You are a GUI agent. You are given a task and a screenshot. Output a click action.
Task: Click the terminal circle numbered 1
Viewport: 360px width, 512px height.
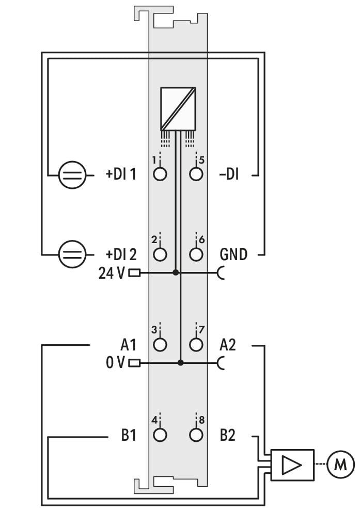[160, 174]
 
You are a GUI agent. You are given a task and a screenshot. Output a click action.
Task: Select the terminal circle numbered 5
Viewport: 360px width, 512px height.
[196, 174]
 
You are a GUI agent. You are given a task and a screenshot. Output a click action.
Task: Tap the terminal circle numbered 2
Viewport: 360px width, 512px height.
[160, 254]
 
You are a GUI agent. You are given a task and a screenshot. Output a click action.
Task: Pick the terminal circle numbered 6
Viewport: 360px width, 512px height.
[196, 254]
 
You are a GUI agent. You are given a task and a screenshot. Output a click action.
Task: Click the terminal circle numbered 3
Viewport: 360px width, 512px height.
[160, 344]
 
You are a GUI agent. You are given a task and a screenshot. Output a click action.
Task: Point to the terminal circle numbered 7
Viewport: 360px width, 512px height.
[196, 344]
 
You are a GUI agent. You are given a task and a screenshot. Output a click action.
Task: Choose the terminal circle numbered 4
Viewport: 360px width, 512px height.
[160, 435]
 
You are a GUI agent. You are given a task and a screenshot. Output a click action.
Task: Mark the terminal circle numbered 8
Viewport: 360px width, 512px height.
[196, 435]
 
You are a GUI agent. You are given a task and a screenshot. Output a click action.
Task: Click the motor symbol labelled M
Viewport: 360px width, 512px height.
[340, 464]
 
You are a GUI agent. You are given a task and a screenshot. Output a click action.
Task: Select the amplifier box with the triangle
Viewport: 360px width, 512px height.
[292, 465]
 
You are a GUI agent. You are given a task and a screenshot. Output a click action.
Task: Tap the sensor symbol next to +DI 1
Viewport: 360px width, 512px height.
[72, 175]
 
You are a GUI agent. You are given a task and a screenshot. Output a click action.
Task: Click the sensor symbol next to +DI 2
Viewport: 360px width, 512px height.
[72, 254]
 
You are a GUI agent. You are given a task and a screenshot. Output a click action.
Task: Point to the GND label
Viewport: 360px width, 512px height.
[233, 254]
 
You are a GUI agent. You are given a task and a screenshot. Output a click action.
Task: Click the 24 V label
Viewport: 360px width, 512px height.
[112, 273]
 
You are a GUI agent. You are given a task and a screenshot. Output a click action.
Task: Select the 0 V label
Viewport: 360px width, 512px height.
[115, 362]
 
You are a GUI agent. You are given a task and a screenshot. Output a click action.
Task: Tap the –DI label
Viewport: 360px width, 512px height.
[229, 174]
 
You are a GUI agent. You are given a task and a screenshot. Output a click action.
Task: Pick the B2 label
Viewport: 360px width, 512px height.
[227, 435]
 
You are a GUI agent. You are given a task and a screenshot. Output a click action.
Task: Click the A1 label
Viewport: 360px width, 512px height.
[129, 345]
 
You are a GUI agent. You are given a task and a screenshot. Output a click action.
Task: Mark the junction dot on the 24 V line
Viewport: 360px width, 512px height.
[176, 273]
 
